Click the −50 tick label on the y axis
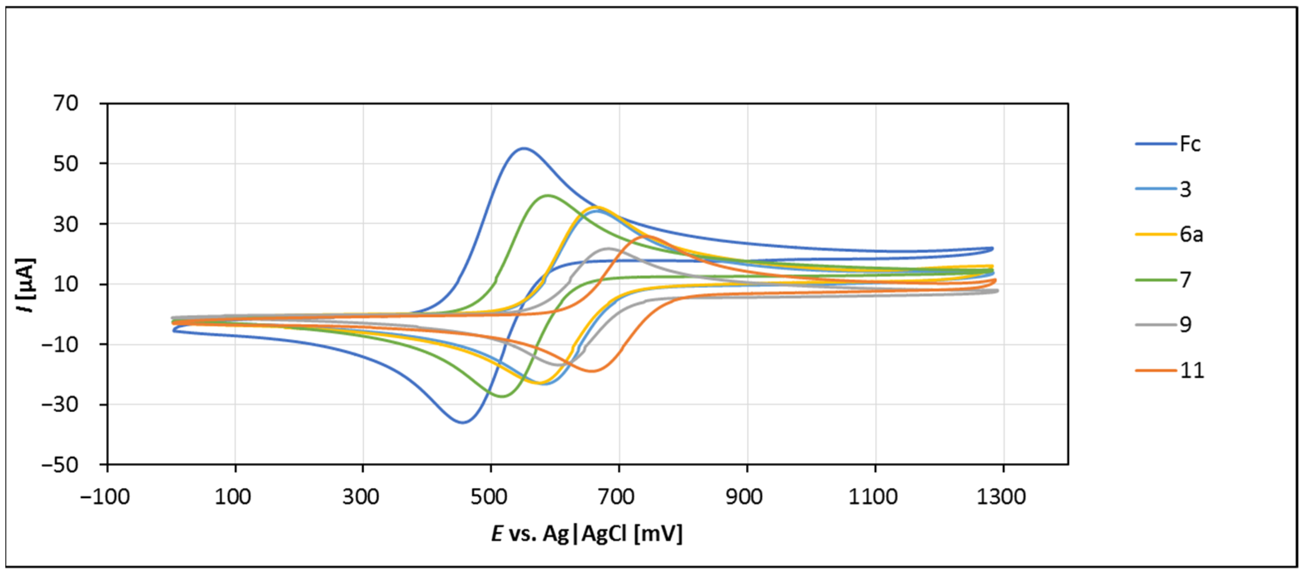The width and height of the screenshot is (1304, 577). (60, 464)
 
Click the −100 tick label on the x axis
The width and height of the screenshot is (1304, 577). (105, 497)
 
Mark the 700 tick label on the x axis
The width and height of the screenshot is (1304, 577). (617, 497)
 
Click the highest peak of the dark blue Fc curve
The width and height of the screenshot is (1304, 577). (524, 148)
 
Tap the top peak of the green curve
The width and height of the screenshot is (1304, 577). (547, 196)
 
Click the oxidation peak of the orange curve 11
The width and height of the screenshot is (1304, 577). (646, 236)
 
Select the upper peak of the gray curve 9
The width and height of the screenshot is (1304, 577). (608, 248)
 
